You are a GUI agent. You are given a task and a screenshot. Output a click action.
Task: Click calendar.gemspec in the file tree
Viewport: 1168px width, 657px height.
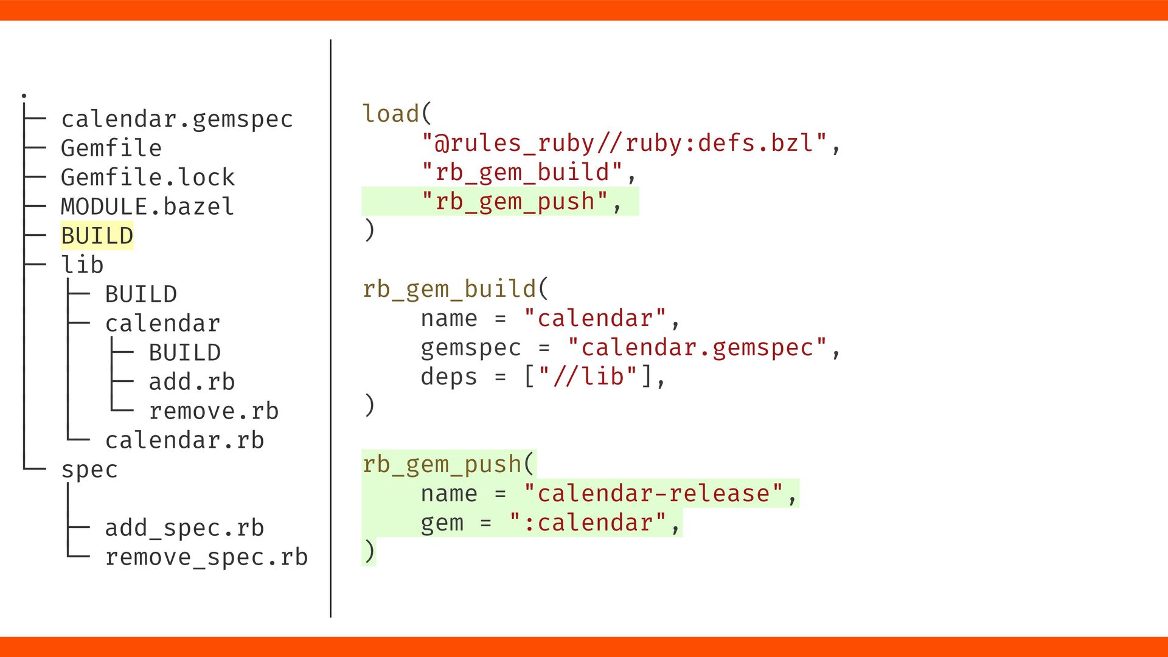pos(176,119)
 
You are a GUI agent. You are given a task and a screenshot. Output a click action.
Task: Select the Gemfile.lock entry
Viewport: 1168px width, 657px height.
pos(147,178)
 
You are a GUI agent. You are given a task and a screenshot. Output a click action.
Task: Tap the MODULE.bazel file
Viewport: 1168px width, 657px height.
pos(147,207)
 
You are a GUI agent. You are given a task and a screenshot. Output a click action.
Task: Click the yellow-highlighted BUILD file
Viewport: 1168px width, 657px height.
pos(97,236)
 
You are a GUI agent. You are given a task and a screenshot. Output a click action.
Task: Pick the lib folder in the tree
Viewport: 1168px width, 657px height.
pos(82,265)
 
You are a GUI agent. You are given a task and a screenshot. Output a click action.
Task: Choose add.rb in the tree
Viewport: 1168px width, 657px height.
pos(192,382)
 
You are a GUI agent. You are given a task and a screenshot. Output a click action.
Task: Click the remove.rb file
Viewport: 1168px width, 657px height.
pos(214,411)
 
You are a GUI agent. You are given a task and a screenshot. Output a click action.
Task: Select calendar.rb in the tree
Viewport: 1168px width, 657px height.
pos(184,440)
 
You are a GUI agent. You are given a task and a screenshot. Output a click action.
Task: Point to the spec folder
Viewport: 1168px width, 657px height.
pos(89,470)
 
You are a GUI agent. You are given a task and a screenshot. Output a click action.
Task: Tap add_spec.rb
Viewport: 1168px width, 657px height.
pos(184,528)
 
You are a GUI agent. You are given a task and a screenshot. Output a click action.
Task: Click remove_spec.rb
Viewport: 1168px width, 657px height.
pos(206,557)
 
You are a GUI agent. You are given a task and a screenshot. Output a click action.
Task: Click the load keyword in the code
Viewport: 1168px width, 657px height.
pos(391,114)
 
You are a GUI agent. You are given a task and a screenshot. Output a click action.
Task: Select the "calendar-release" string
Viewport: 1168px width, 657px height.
pos(653,494)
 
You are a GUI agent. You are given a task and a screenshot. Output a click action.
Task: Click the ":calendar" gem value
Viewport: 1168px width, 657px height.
pos(588,523)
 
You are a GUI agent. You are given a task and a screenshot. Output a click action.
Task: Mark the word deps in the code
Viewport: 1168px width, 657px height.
pos(449,377)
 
